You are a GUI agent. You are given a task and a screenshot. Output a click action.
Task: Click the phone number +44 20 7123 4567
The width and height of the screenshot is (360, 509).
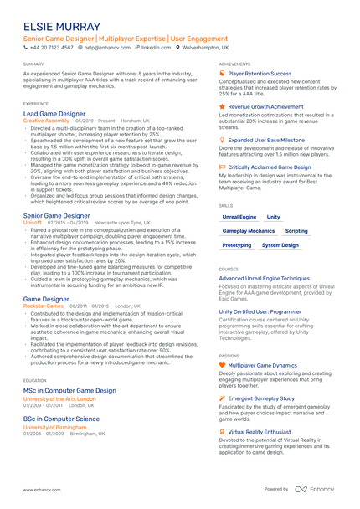52,49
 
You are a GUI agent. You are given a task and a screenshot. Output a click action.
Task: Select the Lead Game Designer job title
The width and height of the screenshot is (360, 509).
54,113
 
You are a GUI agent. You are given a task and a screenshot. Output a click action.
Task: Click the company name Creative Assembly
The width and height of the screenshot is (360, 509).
46,121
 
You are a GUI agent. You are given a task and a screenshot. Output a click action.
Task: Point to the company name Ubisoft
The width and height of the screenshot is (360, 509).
33,223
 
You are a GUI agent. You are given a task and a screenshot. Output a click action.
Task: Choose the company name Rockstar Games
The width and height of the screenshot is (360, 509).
43,306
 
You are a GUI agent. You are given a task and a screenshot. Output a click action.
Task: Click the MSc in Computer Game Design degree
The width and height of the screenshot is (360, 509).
69,390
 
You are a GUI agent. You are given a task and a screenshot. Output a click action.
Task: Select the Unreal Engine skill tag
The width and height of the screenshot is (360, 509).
239,216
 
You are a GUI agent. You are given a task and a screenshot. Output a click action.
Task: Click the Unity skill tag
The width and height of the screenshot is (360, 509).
274,216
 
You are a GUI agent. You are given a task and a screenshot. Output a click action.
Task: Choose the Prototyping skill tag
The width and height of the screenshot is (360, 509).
237,245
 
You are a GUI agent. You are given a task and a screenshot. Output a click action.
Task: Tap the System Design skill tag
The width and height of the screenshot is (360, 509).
280,245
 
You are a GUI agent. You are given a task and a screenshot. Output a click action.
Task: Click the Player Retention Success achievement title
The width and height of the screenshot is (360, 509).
260,74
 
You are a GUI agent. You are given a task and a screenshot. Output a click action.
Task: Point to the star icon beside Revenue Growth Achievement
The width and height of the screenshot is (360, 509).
222,107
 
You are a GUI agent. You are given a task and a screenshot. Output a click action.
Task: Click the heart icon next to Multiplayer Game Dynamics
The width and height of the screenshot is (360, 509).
222,365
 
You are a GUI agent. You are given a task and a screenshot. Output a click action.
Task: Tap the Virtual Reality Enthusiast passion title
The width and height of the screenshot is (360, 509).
265,432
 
